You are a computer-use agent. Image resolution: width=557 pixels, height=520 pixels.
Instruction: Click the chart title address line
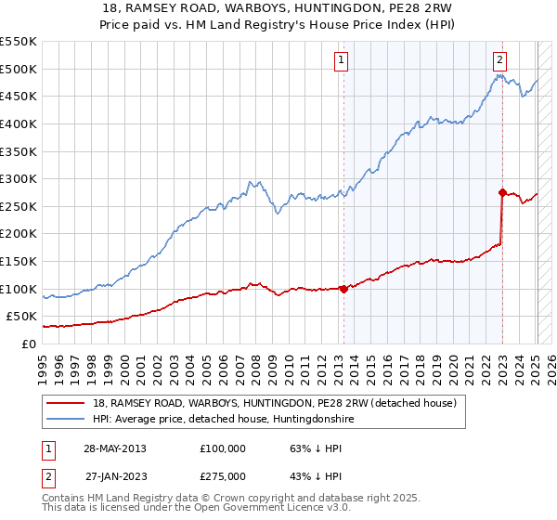pyautogui.click(x=278, y=8)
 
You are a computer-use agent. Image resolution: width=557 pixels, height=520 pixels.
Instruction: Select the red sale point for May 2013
pyautogui.click(x=343, y=289)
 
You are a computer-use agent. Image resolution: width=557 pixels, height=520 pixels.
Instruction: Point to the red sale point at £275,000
pyautogui.click(x=502, y=193)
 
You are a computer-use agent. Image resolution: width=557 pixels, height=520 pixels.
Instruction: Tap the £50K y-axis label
pyautogui.click(x=22, y=317)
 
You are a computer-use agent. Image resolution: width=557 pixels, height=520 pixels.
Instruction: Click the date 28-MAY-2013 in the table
pyautogui.click(x=114, y=448)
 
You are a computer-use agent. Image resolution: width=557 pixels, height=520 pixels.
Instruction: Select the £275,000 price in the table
pyautogui.click(x=223, y=476)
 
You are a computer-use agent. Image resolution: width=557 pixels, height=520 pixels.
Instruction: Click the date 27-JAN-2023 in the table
pyautogui.click(x=114, y=476)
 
